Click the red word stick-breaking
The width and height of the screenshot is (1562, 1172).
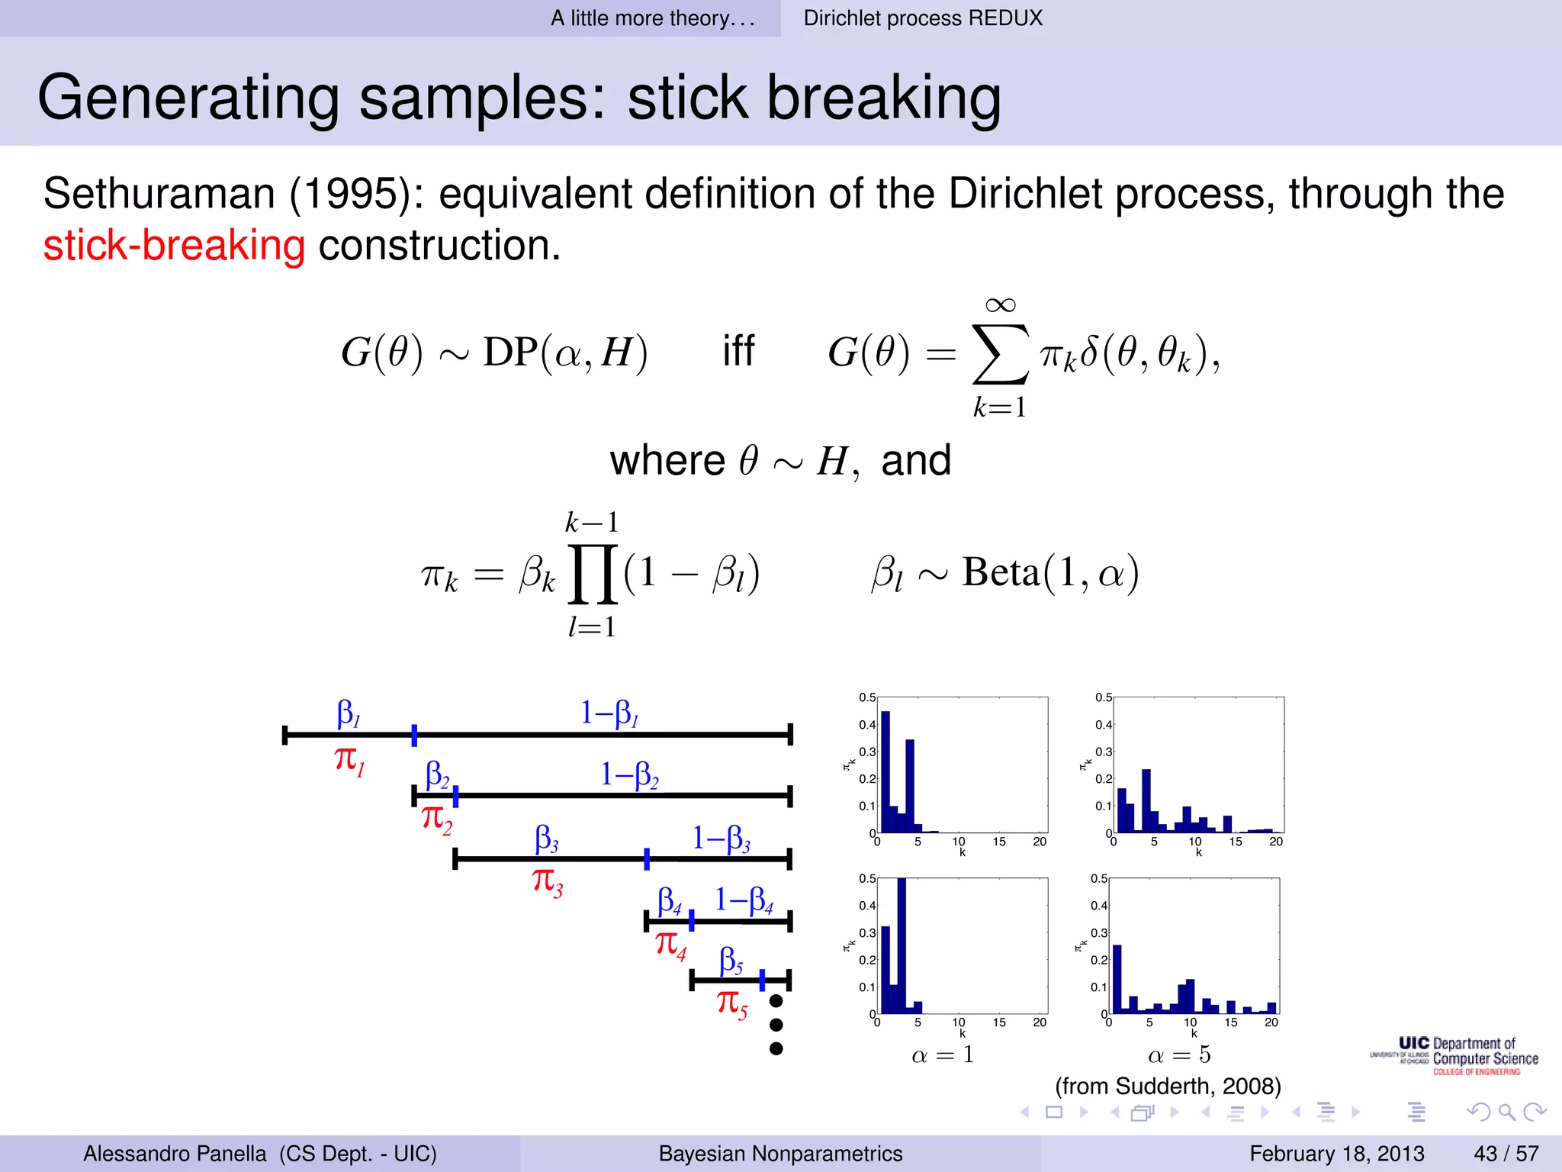coord(174,246)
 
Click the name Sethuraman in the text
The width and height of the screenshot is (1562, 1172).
coord(159,194)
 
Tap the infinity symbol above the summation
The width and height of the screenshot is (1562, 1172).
coord(1000,305)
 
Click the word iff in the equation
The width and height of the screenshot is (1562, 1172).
coord(738,352)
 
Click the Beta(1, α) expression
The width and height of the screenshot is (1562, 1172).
coord(1050,572)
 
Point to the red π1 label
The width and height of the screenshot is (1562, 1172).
coord(349,761)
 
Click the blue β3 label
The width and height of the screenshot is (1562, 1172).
coord(546,839)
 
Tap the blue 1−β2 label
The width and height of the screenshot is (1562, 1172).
coord(628,774)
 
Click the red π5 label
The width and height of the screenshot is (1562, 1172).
coord(731,1003)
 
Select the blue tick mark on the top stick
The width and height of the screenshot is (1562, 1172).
coord(414,735)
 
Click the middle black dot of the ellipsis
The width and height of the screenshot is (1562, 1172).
coord(776,1025)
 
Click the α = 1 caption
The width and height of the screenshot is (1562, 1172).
coord(943,1055)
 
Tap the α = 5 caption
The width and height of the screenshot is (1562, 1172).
coord(1179,1055)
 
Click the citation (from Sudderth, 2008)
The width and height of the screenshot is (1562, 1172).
coord(1168,1086)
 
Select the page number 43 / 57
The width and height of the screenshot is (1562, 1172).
coord(1506,1153)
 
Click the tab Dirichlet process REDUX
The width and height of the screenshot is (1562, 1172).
coord(922,18)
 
